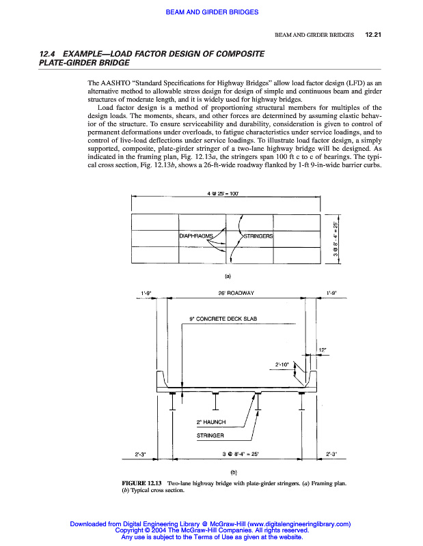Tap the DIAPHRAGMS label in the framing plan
(196, 236)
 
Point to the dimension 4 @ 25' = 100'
(226, 194)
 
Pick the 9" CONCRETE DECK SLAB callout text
(223, 319)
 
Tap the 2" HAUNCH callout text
(211, 422)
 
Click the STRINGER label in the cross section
(210, 435)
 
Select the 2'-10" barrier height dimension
(283, 364)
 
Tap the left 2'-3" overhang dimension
(146, 453)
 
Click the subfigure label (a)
(229, 276)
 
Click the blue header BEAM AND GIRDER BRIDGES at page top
(211, 11)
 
